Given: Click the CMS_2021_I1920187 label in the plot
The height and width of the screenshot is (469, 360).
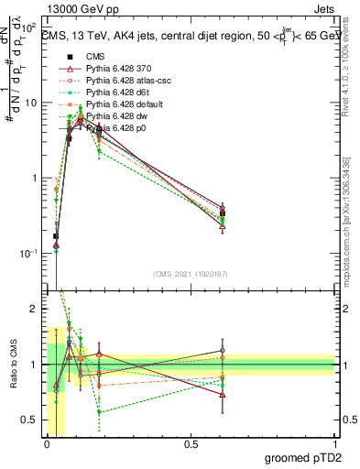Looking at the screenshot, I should [191, 273].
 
